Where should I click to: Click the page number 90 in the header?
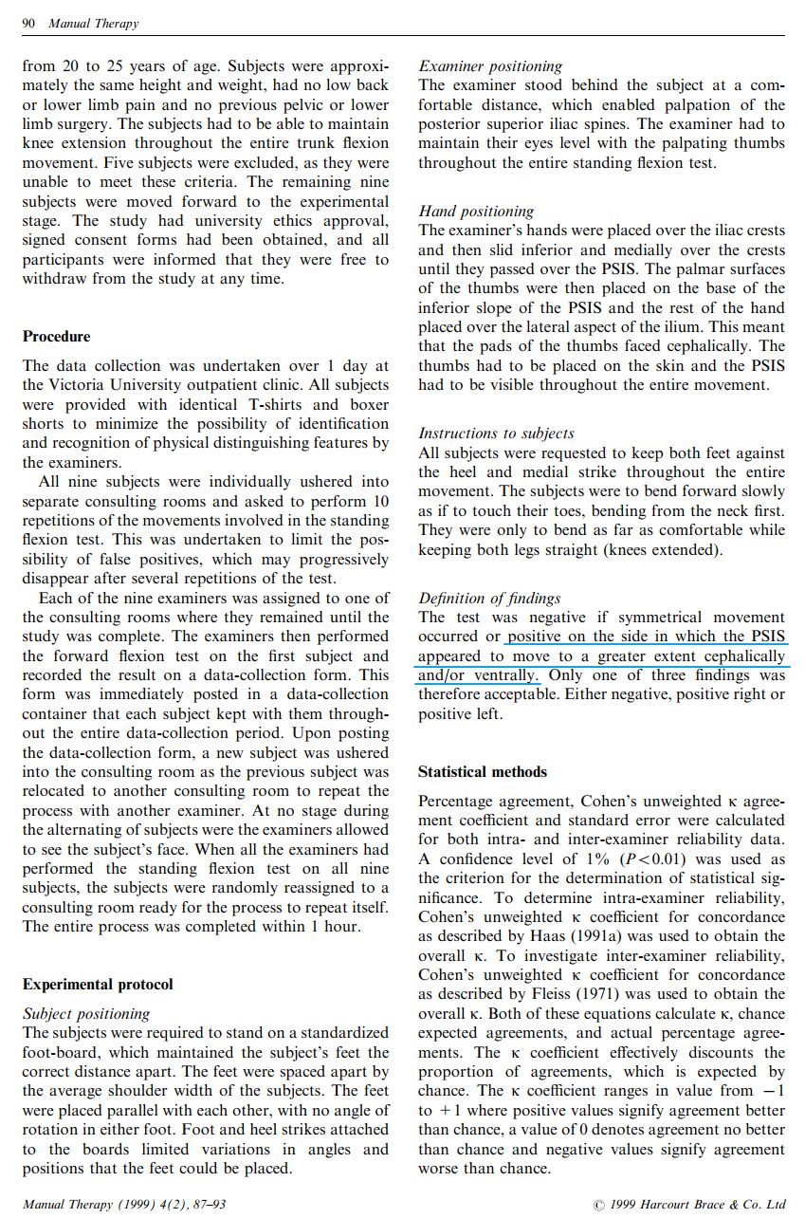tap(30, 24)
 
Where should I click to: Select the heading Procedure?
tap(57, 337)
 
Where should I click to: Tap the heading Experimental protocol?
tap(98, 985)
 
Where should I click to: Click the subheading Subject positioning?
tap(85, 1013)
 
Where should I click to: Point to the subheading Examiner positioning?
tap(489, 66)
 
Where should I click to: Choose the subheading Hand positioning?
tap(476, 212)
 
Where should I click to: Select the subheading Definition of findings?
tap(489, 599)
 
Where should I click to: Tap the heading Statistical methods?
tap(482, 772)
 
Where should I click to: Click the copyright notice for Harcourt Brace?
tap(689, 1205)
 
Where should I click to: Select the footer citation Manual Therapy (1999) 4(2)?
tap(123, 1205)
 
